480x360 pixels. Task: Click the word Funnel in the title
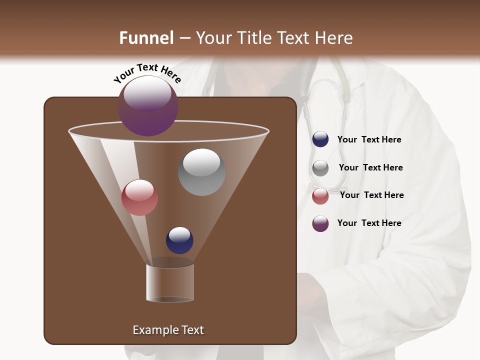tap(146, 38)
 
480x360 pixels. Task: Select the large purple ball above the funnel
tap(148, 105)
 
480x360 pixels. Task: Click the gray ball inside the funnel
tap(201, 172)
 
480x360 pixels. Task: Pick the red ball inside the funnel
tap(139, 197)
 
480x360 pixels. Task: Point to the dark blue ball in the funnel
tap(179, 240)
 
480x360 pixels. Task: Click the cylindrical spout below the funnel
tap(170, 282)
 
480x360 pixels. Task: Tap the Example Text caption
tap(168, 330)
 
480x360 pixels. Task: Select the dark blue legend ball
tap(320, 139)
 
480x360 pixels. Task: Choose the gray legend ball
tap(320, 168)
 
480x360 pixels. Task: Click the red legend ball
tap(320, 196)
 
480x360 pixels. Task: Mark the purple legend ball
tap(320, 223)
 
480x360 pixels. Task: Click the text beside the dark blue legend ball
tap(369, 139)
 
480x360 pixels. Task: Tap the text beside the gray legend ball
tap(370, 167)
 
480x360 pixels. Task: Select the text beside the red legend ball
tap(371, 195)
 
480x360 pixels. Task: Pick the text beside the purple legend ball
tap(369, 223)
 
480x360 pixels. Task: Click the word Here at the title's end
tap(334, 38)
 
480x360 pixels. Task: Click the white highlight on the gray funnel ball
tap(201, 162)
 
